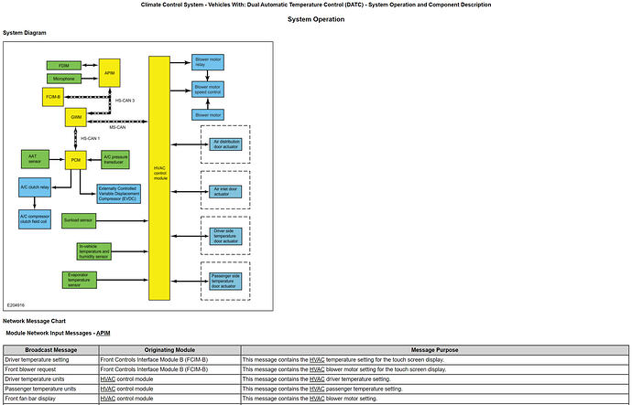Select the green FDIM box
pos(63,66)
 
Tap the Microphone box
pos(63,79)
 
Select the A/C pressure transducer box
pos(120,159)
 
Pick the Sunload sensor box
pos(79,220)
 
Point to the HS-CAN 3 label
pos(125,101)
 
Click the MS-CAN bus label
pos(117,127)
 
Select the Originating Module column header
pos(169,350)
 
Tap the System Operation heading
pos(316,19)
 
